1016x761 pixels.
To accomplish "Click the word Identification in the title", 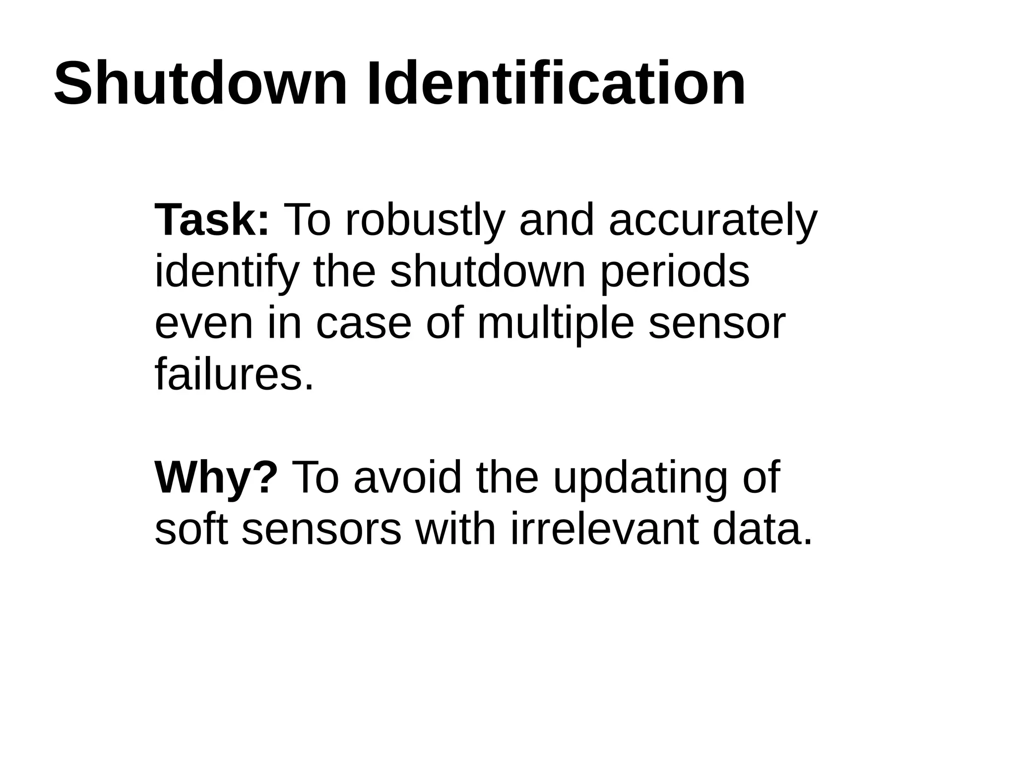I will coord(556,83).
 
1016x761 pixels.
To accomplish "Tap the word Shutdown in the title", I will coord(200,83).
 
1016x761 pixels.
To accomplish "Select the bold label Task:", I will coord(212,220).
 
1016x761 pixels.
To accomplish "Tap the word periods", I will coord(675,273).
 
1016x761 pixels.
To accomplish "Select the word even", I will coord(204,324).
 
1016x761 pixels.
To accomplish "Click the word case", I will coord(364,324).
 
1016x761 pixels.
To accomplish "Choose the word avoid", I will coord(407,478).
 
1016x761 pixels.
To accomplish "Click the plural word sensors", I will coord(321,529).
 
